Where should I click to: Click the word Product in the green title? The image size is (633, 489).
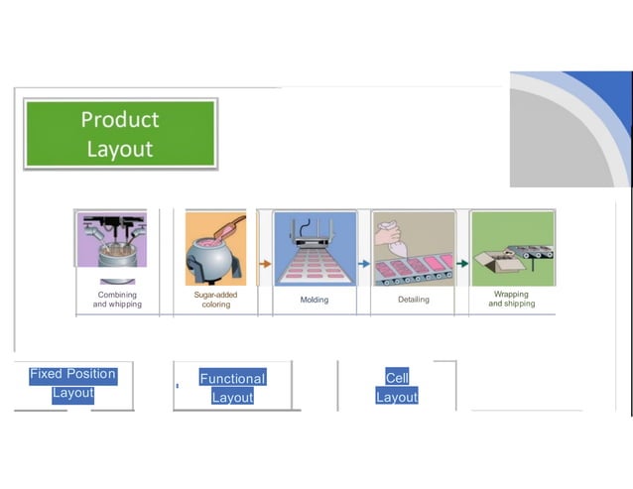coord(120,119)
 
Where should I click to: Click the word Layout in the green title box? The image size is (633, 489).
coord(120,149)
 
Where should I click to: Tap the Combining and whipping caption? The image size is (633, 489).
coord(117,300)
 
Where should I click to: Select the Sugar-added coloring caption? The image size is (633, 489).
coord(215,300)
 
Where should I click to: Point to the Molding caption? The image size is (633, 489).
coord(315,300)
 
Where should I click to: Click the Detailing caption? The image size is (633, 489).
coord(413,300)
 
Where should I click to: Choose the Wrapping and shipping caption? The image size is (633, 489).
coord(511,299)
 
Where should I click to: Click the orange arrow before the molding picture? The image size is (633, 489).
coord(265,264)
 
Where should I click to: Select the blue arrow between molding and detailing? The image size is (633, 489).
coord(364,264)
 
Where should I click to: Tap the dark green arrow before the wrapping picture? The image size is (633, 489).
coord(462,264)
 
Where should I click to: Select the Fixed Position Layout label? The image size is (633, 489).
coord(72,384)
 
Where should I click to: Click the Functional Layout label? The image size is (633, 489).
coord(232,388)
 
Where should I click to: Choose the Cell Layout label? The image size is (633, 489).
coord(397,387)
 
